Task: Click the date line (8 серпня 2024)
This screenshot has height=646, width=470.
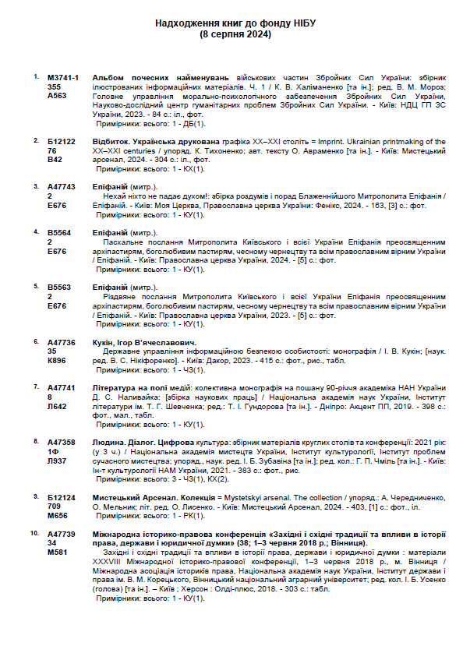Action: [x=235, y=35]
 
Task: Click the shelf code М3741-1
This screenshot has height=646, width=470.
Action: [x=63, y=79]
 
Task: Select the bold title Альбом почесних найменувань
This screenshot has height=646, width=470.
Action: [x=161, y=79]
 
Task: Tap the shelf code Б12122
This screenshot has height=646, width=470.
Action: [x=62, y=142]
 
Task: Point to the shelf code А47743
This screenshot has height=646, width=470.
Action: [x=62, y=187]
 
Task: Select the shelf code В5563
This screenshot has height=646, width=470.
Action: [x=59, y=288]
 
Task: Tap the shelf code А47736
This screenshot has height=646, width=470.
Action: [x=62, y=342]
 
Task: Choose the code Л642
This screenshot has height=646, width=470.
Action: [x=57, y=406]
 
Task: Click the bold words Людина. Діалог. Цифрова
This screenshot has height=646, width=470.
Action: [x=137, y=442]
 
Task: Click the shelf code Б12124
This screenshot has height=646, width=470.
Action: [x=62, y=496]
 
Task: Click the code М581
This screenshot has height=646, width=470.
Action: [x=57, y=552]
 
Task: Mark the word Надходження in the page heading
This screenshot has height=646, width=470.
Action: [x=189, y=24]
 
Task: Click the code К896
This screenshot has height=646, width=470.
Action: [x=57, y=361]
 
